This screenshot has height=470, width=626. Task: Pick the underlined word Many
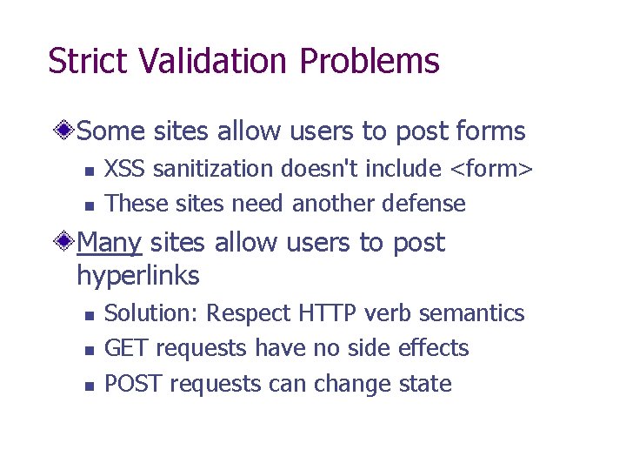pyautogui.click(x=109, y=243)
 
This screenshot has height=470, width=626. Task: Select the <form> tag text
pyautogui.click(x=489, y=168)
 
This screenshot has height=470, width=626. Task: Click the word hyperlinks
pyautogui.click(x=138, y=276)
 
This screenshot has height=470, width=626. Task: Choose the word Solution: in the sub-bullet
pyautogui.click(x=153, y=312)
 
